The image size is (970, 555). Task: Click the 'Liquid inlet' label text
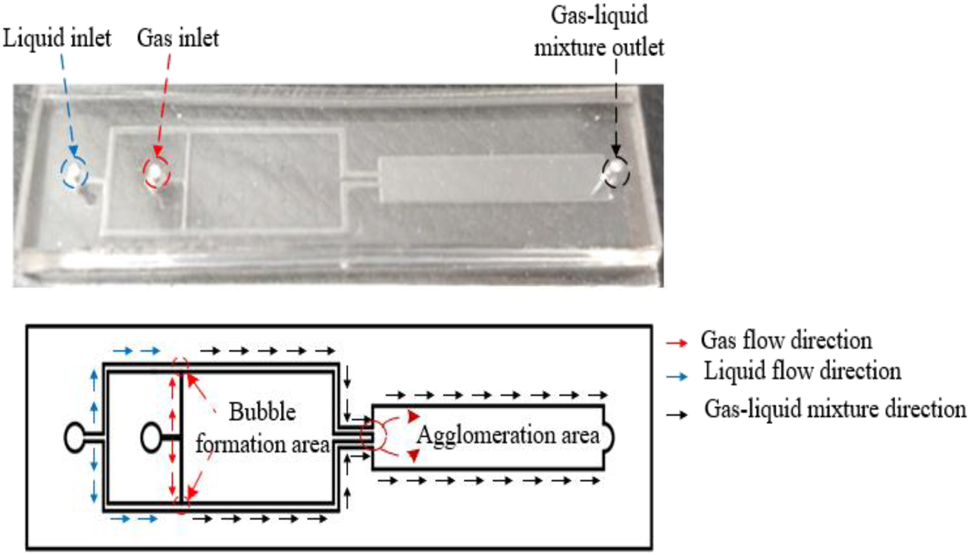click(57, 39)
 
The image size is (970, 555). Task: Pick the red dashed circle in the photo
click(157, 172)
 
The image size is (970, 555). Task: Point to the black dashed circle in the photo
click(615, 172)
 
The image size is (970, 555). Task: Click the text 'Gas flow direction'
click(786, 339)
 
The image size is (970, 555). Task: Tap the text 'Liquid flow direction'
click(803, 372)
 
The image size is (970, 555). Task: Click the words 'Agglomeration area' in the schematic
click(507, 435)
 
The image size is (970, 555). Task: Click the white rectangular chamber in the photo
click(485, 179)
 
